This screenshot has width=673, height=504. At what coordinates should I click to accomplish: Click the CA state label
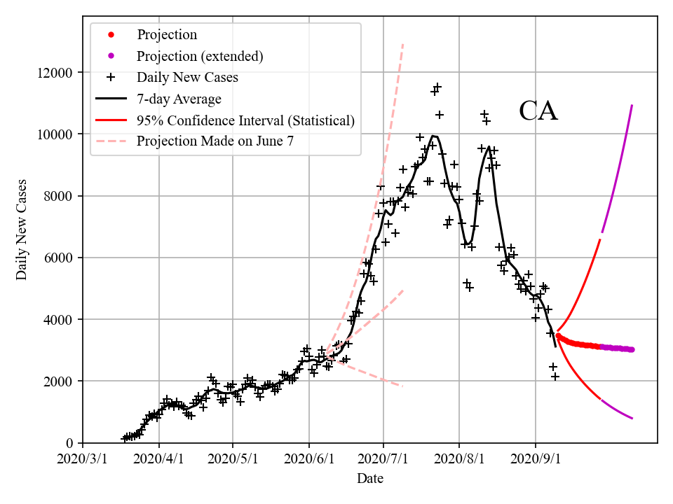click(538, 111)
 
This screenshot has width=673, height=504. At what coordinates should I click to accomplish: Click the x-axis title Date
click(369, 479)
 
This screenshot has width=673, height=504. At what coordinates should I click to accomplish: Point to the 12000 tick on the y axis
click(58, 73)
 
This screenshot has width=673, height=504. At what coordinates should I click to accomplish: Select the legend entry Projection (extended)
click(200, 56)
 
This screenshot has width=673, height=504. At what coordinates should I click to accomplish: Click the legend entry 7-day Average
click(179, 99)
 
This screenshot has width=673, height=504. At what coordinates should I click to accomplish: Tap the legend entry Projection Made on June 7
click(215, 141)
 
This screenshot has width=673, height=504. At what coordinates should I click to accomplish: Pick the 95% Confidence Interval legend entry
click(245, 120)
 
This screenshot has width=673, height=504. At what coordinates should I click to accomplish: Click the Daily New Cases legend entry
click(187, 77)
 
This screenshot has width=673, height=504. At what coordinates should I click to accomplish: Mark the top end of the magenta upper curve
click(632, 106)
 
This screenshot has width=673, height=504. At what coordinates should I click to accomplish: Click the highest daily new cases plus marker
click(437, 87)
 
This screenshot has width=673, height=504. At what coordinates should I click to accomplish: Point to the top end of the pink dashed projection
click(403, 43)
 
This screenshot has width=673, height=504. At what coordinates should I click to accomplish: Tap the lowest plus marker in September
click(555, 377)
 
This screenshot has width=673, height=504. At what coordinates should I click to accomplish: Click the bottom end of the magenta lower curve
click(632, 419)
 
